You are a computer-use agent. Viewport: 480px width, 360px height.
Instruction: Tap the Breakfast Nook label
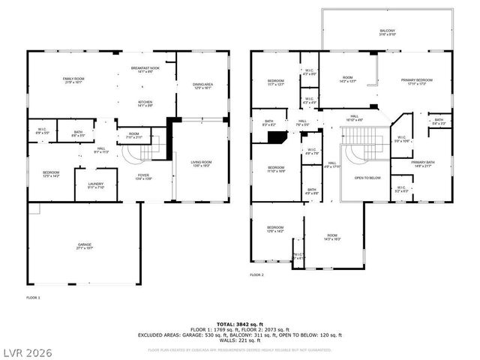pyautogui.click(x=142, y=70)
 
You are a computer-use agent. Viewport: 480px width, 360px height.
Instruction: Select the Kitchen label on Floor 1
pyautogui.click(x=145, y=104)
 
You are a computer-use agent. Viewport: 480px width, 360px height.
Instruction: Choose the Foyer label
pyautogui.click(x=143, y=177)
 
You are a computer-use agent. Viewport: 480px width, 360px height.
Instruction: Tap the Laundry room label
pyautogui.click(x=95, y=184)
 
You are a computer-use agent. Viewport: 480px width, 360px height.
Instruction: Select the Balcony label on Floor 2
pyautogui.click(x=387, y=31)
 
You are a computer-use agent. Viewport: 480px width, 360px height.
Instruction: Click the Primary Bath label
pyautogui.click(x=423, y=163)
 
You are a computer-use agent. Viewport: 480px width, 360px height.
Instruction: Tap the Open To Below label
pyautogui.click(x=367, y=178)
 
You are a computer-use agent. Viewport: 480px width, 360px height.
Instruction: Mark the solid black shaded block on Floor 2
pyautogui.click(x=277, y=138)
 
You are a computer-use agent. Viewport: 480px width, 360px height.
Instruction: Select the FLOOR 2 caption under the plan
pyautogui.click(x=257, y=275)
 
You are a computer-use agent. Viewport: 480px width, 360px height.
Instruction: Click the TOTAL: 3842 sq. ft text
pyautogui.click(x=239, y=323)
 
